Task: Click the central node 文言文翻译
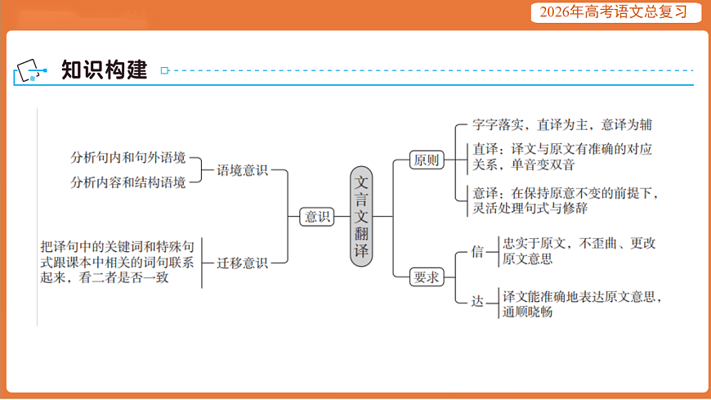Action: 362,216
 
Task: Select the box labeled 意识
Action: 316,217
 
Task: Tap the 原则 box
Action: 426,160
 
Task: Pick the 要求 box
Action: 426,276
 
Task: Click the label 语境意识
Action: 242,171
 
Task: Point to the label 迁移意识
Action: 242,263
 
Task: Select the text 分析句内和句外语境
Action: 128,157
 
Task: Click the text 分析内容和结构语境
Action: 128,182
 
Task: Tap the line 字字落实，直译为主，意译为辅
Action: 562,125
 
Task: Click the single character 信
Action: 478,251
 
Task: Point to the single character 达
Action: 478,301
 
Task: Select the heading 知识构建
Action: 105,70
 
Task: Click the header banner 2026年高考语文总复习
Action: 610,12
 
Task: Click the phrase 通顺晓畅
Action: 527,312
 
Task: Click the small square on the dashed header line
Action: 165,71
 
